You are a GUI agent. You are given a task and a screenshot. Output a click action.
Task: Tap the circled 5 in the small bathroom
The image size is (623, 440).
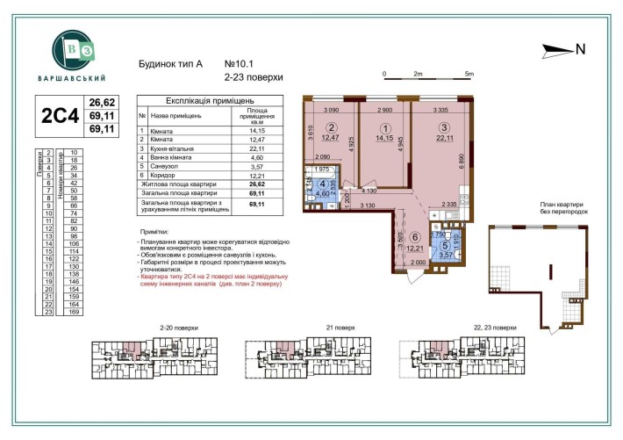pyautogui.click(x=446, y=246)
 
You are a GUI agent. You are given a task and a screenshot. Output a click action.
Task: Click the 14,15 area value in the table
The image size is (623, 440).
pyautogui.click(x=256, y=130)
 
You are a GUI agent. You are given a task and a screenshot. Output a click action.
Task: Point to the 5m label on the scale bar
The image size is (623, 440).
pyautogui.click(x=470, y=74)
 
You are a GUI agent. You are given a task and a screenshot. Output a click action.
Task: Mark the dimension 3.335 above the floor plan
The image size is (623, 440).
pyautogui.click(x=446, y=111)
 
